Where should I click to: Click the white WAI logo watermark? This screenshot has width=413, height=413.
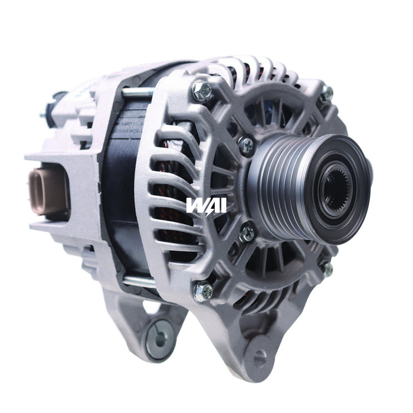pyautogui.click(x=206, y=206)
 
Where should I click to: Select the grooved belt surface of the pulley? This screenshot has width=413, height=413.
pyautogui.click(x=277, y=178)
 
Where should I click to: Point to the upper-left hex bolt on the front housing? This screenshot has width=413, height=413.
pyautogui.click(x=202, y=90)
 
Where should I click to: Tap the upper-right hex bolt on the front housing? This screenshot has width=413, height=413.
pyautogui.click(x=326, y=93)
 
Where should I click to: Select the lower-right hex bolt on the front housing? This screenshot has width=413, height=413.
pyautogui.click(x=326, y=268)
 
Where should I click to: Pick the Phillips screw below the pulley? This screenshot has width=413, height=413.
pyautogui.click(x=248, y=232)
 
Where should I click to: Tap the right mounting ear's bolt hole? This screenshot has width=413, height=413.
pyautogui.click(x=260, y=358)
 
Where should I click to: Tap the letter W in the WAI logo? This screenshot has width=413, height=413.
pyautogui.click(x=196, y=206)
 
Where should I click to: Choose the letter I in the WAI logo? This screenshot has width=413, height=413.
pyautogui.click(x=222, y=206)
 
